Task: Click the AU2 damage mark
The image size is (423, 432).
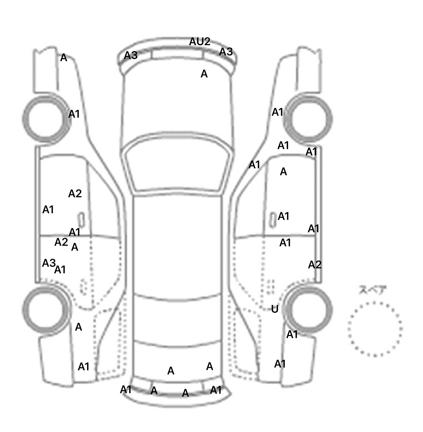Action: click(200, 42)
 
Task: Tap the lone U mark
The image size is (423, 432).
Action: click(275, 309)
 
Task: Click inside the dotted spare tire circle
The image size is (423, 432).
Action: click(375, 329)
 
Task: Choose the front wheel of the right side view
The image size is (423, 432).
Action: click(309, 119)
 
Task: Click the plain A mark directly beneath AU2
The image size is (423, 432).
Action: click(204, 74)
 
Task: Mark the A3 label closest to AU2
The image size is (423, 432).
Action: click(226, 52)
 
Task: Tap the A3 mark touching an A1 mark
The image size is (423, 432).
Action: click(49, 263)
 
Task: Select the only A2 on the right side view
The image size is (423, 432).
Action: click(315, 265)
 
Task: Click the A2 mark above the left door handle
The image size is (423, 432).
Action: click(75, 194)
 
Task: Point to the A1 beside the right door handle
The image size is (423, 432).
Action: click(283, 216)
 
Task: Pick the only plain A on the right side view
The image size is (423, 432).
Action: click(283, 172)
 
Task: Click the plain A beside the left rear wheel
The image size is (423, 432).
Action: click(78, 327)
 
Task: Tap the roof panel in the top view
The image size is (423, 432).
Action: click(178, 245)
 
